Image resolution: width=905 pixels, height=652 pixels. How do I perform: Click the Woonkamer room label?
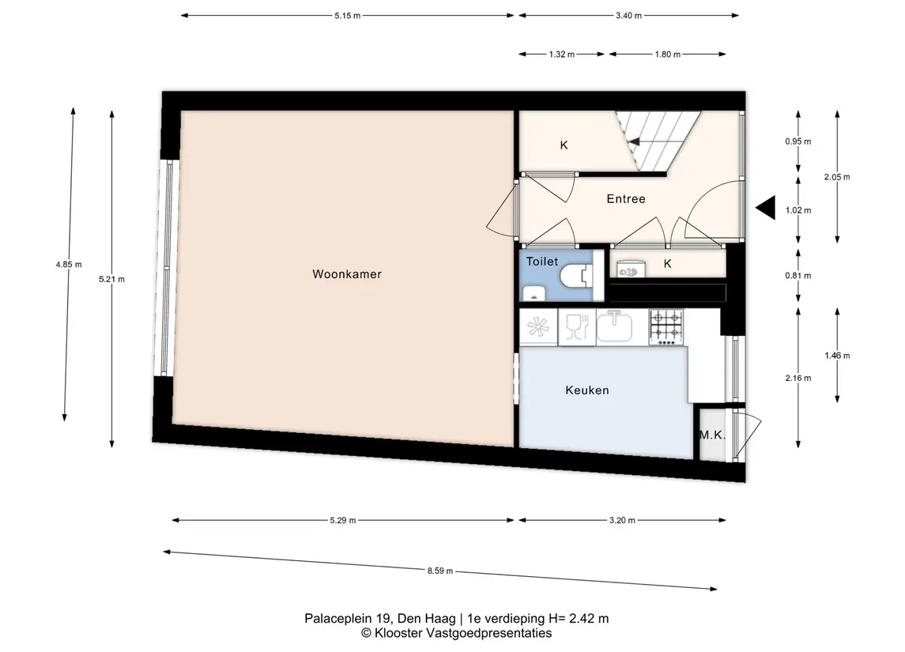click(x=347, y=274)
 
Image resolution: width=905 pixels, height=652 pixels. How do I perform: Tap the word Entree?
click(x=626, y=199)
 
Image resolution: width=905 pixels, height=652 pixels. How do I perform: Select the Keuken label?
click(x=587, y=390)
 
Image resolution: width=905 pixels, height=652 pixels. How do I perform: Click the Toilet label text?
click(x=542, y=262)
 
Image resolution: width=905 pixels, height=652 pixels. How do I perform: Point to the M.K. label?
click(x=712, y=435)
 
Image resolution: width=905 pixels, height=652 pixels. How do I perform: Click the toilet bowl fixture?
click(x=576, y=276)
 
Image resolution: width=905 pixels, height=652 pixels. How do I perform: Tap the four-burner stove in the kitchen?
click(x=666, y=327)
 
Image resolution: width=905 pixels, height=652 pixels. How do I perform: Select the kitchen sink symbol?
click(x=614, y=326)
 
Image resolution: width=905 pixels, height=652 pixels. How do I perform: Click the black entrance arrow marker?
click(x=766, y=208)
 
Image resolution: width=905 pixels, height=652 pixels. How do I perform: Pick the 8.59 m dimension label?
click(x=439, y=571)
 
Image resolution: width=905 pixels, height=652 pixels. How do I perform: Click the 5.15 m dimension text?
click(x=348, y=16)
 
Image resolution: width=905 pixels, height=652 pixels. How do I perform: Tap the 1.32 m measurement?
click(x=562, y=55)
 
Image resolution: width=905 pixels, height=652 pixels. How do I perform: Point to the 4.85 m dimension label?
click(x=69, y=264)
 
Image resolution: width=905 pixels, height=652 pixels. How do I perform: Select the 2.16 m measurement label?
click(x=798, y=378)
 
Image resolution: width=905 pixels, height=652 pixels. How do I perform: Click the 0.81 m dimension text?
click(x=798, y=275)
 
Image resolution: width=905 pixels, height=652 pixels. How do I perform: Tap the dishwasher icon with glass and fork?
click(x=576, y=327)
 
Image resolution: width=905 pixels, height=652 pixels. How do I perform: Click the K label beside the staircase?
click(x=564, y=145)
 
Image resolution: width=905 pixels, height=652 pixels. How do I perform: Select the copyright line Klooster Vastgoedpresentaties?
click(x=457, y=633)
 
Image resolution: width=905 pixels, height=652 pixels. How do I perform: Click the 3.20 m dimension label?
click(x=622, y=520)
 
